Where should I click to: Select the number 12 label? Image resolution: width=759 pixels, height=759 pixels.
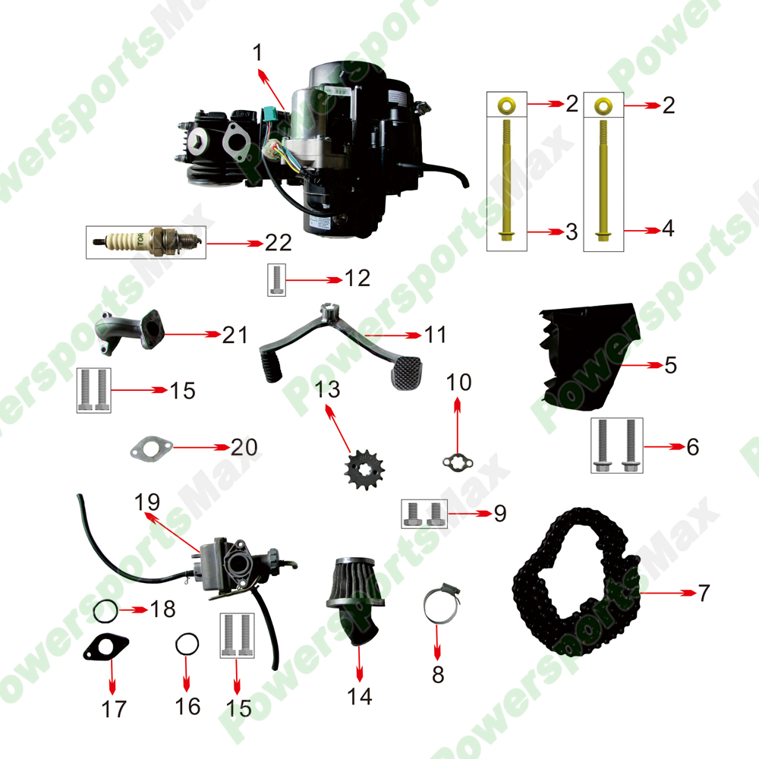pos(357,279)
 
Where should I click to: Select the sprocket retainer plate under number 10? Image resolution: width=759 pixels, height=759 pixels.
pos(458,461)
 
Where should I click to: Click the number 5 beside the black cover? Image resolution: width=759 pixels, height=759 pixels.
pos(670,365)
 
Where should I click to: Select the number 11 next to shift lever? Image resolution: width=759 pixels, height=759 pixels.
pos(436,334)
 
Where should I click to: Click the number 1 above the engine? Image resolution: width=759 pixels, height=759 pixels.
pos(258,52)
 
